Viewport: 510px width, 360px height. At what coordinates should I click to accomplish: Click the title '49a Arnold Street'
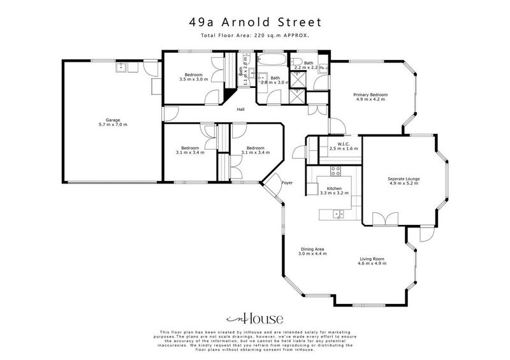coord(255,22)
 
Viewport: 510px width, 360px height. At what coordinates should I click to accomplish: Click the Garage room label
coord(113,120)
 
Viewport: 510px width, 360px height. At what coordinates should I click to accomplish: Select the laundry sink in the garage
coord(122,66)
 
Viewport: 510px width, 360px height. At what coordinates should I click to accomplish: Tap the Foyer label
coord(288,183)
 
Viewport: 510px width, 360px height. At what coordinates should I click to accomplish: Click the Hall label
coord(240,110)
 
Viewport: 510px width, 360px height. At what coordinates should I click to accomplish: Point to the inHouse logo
coord(254,319)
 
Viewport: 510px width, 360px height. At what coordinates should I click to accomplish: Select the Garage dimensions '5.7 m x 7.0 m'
coord(113,124)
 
